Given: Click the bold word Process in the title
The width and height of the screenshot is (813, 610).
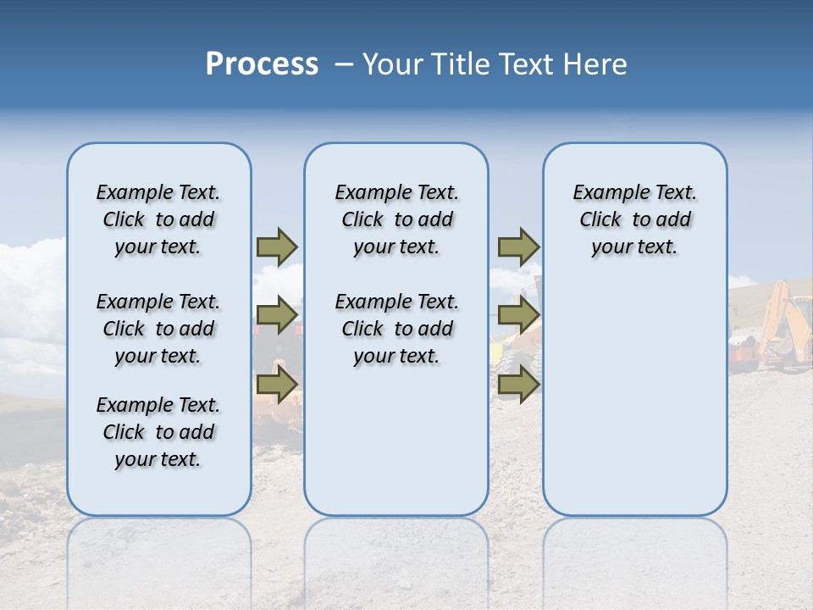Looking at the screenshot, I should point(262,64).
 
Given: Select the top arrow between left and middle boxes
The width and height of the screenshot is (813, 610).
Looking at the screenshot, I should point(277,247).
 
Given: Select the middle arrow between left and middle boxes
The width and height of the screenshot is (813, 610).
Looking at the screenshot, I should point(277,316).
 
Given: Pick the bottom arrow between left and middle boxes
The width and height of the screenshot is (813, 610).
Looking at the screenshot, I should point(277,385).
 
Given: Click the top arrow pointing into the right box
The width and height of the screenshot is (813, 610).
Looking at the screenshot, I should point(518,247).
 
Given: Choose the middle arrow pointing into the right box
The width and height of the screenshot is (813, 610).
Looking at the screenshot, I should point(518,316).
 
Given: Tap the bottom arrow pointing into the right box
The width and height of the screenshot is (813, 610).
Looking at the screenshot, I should point(518,385).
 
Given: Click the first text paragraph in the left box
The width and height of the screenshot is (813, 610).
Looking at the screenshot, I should point(158,219).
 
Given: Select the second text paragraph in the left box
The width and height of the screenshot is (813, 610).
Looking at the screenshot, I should point(158,329).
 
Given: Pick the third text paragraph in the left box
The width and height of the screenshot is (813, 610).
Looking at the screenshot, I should point(158,432).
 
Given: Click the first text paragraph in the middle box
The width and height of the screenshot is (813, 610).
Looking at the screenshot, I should point(396,219).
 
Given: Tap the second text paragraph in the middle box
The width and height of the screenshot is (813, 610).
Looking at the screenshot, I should point(396,329).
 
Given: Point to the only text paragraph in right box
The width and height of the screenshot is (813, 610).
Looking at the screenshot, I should point(634,219).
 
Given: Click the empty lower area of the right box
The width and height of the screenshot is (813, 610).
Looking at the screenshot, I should point(634,407).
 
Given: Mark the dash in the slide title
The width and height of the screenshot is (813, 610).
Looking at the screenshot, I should point(344,64).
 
